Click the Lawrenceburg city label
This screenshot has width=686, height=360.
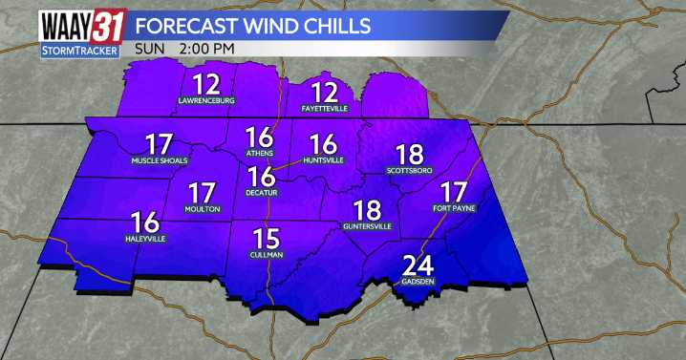coord(206,100)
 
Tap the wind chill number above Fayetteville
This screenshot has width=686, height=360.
coord(326,92)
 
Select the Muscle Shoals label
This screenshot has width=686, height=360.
coord(160,160)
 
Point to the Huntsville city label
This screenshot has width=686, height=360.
coord(324,160)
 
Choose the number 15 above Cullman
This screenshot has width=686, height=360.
coord(266,237)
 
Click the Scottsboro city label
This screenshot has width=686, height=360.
coord(410,170)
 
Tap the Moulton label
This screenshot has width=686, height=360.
coord(203,208)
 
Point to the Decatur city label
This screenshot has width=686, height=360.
coord(262,192)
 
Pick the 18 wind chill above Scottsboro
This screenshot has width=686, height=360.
coord(409,154)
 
